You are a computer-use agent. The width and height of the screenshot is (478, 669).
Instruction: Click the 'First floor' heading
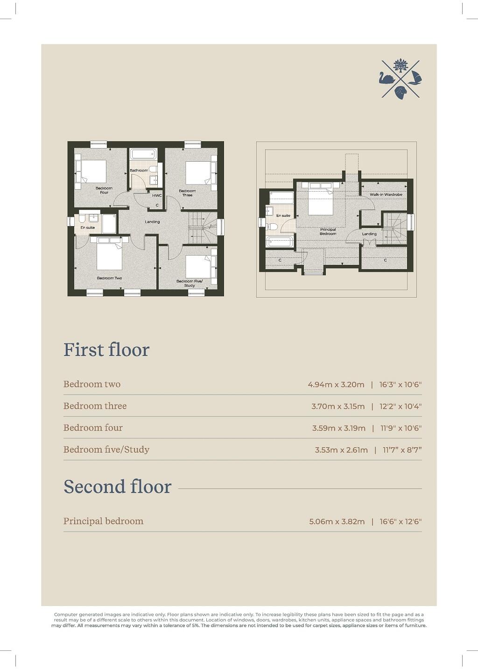pyautogui.click(x=106, y=350)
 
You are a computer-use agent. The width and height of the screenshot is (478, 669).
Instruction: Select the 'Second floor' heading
pyautogui.click(x=117, y=487)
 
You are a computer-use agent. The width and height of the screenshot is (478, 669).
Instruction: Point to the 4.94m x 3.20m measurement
pyautogui.click(x=336, y=385)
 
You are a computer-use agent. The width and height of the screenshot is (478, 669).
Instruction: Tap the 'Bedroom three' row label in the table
pyautogui.click(x=95, y=406)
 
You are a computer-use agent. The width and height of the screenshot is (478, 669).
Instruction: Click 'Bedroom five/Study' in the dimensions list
pyautogui.click(x=106, y=449)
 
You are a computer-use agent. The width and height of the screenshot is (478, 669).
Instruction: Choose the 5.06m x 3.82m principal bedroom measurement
pyautogui.click(x=337, y=522)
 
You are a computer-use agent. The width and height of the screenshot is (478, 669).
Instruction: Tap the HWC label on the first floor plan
pyautogui.click(x=157, y=195)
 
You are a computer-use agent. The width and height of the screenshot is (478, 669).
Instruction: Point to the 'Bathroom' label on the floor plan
pyautogui.click(x=139, y=171)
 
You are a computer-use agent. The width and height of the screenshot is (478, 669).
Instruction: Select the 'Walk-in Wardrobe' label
pyautogui.click(x=386, y=194)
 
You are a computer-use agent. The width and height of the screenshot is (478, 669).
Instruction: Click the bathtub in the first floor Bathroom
pyautogui.click(x=143, y=154)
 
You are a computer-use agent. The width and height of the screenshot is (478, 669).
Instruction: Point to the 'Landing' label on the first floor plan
pyautogui.click(x=152, y=222)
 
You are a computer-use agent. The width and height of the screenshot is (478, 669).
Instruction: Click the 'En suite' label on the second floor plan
pyautogui.click(x=283, y=216)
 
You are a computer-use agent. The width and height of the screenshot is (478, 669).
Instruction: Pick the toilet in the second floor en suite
pyautogui.click(x=273, y=227)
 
